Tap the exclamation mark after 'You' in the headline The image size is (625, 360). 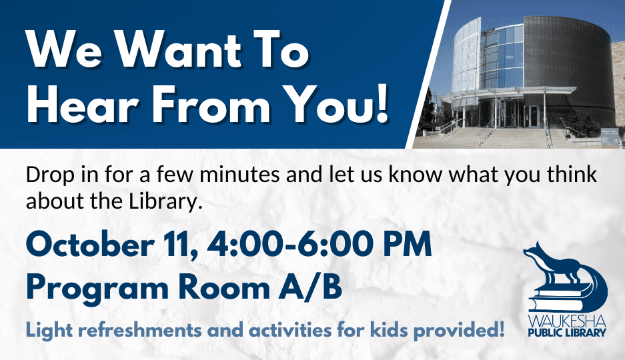pos(382,103)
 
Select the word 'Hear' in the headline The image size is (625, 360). pos(83,103)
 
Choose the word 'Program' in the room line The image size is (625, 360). pos(97,289)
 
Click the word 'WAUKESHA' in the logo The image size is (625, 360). pos(567,321)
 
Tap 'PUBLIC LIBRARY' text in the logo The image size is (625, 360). pos(567,333)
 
